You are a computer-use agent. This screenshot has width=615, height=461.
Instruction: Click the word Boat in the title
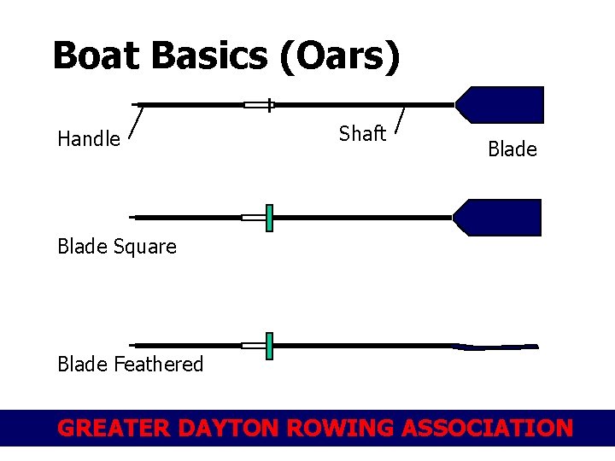(96, 56)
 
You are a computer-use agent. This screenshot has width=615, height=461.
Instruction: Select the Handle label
(89, 139)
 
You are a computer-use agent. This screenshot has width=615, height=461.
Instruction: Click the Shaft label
(362, 134)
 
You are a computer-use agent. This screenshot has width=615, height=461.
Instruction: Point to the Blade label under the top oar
(512, 149)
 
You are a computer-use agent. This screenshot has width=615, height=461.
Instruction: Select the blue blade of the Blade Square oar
(500, 218)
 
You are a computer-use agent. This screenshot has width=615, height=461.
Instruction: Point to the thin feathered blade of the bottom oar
(495, 347)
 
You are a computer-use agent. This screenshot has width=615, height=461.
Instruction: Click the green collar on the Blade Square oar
(269, 218)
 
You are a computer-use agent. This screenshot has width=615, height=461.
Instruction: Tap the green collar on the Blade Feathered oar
(269, 346)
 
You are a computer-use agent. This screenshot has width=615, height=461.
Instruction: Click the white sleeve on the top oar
(255, 106)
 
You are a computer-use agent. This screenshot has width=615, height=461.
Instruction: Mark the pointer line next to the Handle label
(135, 121)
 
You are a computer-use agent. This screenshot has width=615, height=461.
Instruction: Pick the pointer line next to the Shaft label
(401, 120)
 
